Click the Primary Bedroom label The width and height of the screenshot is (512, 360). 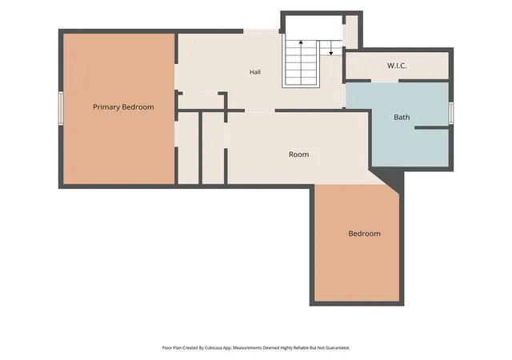123,107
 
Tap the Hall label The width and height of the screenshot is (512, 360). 255,72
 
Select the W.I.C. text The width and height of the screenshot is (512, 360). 397,66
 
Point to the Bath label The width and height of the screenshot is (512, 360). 402,117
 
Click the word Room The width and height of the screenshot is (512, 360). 298,154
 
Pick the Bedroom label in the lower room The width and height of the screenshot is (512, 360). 365,234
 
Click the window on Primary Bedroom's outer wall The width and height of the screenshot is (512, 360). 61,108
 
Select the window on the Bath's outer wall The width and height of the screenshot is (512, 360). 451,113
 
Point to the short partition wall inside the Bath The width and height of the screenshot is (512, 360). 432,128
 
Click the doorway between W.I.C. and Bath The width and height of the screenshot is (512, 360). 385,80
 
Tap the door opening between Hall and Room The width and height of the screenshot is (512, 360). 259,110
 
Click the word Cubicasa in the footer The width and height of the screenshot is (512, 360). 214,348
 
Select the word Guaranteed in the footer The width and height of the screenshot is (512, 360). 338,348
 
